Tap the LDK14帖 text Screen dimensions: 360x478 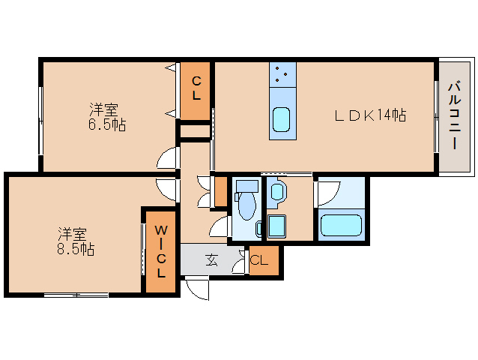(369, 115)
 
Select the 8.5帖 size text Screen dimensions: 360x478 (76, 249)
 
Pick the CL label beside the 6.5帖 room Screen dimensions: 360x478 (196, 88)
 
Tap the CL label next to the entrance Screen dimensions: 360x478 (259, 261)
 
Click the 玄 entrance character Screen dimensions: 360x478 (212, 261)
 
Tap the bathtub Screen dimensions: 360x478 (340, 226)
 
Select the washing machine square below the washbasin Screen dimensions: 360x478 (277, 227)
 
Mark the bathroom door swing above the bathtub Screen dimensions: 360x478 (327, 193)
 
